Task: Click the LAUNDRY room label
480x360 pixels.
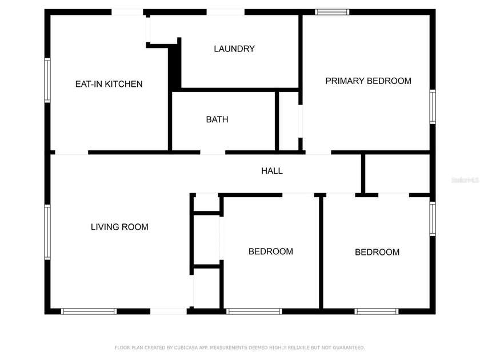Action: (234, 49)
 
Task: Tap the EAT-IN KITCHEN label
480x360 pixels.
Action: (109, 84)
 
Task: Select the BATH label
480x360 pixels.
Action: (217, 119)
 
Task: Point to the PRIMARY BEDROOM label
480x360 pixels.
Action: (368, 81)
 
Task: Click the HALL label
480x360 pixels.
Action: (272, 170)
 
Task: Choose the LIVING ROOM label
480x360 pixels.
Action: (119, 227)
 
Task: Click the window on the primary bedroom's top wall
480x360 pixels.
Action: (332, 11)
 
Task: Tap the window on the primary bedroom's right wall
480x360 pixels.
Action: (433, 106)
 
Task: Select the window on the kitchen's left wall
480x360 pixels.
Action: (48, 79)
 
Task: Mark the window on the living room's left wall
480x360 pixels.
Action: (48, 232)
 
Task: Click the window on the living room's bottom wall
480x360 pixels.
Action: (89, 311)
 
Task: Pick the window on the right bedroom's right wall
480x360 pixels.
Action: (433, 219)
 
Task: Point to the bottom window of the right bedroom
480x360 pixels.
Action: (376, 311)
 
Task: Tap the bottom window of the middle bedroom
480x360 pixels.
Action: (254, 311)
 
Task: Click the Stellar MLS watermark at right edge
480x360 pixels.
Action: (465, 179)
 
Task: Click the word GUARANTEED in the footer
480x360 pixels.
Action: (347, 347)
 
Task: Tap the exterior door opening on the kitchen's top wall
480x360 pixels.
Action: (127, 12)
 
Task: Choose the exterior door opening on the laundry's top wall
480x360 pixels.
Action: (225, 12)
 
